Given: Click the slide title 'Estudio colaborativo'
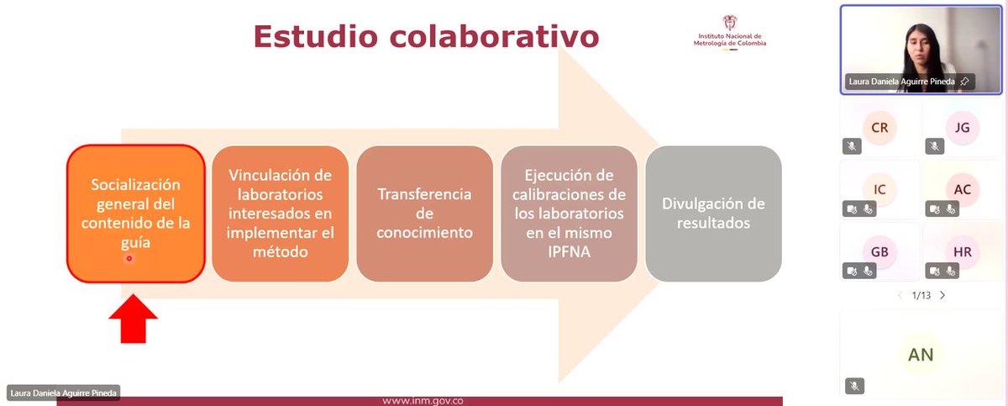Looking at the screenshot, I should click(427, 37).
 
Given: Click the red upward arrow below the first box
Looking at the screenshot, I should click(134, 319).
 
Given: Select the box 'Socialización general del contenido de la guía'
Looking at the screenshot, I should click(136, 214).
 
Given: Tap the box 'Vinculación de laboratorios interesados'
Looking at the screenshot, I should click(280, 214).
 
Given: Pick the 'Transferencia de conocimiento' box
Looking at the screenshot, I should click(424, 214).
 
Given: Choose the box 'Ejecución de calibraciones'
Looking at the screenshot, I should click(569, 214).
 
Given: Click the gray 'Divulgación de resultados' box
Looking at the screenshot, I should click(713, 214).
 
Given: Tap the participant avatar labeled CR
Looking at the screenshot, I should click(879, 128).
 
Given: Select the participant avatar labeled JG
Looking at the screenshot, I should click(963, 128).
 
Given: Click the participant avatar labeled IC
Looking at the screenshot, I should click(879, 189).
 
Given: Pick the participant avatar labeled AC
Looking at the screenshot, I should click(963, 189).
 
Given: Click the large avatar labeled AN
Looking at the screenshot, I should click(921, 354).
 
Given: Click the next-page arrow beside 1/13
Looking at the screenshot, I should click(942, 295).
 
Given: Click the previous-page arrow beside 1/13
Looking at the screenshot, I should click(900, 295).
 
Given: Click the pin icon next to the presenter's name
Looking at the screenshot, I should click(965, 82).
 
